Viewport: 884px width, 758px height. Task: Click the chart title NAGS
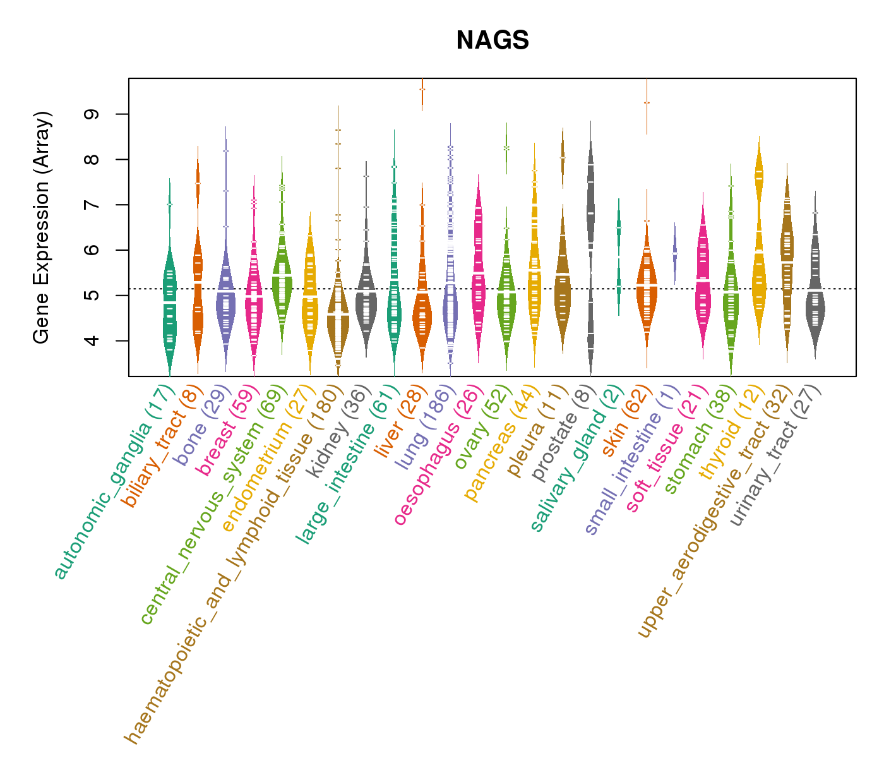click(493, 40)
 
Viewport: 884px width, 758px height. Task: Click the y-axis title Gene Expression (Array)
click(42, 227)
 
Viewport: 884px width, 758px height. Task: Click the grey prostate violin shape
click(590, 208)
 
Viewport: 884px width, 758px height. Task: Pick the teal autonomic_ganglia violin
click(169, 303)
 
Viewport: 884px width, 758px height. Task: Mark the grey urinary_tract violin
click(815, 297)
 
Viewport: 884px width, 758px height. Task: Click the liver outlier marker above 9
click(422, 89)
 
